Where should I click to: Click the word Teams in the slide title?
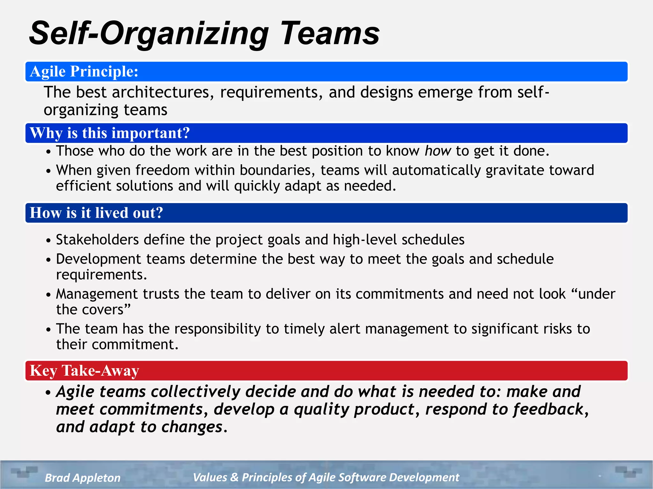coord(330,33)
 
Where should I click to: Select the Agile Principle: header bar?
coord(326,72)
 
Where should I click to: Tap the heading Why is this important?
coord(110,133)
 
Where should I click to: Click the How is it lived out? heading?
coord(96,213)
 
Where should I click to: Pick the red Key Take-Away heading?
coord(84,371)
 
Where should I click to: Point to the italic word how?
coord(438,151)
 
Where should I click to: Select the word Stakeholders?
coord(97,240)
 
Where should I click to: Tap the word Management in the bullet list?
coord(97,294)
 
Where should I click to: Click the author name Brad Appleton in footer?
coord(83,478)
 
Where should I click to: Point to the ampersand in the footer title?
coord(234,478)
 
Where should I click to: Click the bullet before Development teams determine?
coord(48,260)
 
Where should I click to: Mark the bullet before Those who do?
coord(48,152)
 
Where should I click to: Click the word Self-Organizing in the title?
coord(149,33)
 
